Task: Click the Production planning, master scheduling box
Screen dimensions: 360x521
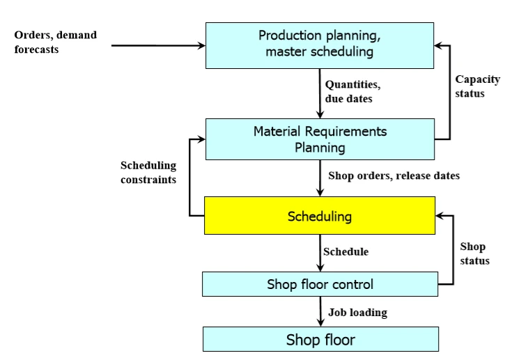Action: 320,45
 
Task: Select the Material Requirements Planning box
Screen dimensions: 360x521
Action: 320,139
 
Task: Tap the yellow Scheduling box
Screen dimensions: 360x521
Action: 320,216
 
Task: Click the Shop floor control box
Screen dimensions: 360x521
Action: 320,284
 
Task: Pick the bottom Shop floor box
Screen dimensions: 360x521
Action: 320,339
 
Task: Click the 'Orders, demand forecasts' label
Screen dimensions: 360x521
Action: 56,42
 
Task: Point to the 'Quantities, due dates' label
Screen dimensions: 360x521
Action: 353,91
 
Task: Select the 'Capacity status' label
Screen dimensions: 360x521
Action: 477,86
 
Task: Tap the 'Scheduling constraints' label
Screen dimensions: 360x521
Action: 148,172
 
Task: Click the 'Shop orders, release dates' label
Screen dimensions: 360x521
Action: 393,176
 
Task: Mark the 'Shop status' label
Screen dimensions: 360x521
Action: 474,253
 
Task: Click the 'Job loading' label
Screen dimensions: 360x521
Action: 357,313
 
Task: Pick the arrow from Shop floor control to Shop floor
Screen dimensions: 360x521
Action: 320,312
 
